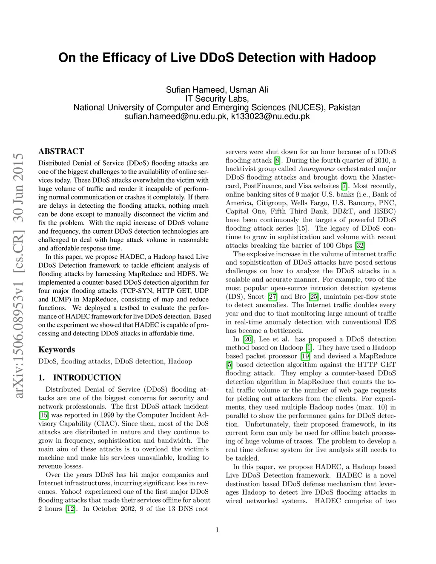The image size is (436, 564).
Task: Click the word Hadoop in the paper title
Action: click(x=352, y=57)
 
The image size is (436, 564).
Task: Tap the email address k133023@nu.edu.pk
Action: click(x=270, y=116)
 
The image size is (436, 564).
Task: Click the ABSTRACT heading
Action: click(x=61, y=151)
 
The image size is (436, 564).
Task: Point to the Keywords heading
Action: click(x=57, y=349)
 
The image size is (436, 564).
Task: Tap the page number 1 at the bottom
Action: click(x=217, y=530)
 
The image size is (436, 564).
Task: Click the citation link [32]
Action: click(x=360, y=246)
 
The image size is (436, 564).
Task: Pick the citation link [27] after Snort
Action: click(x=272, y=297)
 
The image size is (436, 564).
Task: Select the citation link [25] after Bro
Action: click(x=313, y=297)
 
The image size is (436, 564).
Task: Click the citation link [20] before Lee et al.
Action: click(x=248, y=339)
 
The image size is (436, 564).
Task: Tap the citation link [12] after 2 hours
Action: click(x=70, y=509)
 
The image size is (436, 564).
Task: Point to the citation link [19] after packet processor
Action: click(x=305, y=356)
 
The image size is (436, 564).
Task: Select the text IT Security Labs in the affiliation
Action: click(x=217, y=99)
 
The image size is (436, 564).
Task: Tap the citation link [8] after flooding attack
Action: click(x=278, y=160)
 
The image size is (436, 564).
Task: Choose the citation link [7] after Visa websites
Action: click(x=344, y=186)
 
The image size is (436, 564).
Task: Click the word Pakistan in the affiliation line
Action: click(x=344, y=107)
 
